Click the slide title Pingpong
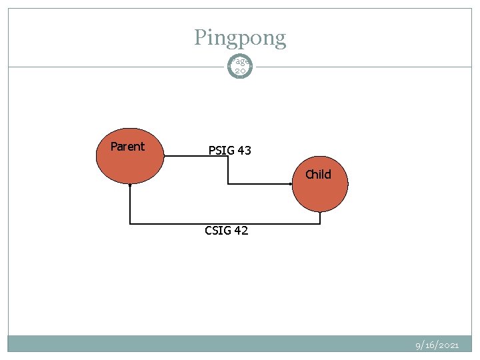pos(240,37)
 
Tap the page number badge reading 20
pos(240,65)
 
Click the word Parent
pos(127,147)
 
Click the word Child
pos(318,175)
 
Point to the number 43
pos(243,151)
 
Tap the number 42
pos(241,231)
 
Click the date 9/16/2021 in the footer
pos(437,345)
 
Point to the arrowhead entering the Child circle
pos(291,183)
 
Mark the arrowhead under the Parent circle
pos(130,185)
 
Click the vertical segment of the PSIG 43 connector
pos(228,169)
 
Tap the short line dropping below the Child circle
pos(320,217)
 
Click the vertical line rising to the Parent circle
pos(130,204)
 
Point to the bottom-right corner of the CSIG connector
pos(320,223)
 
